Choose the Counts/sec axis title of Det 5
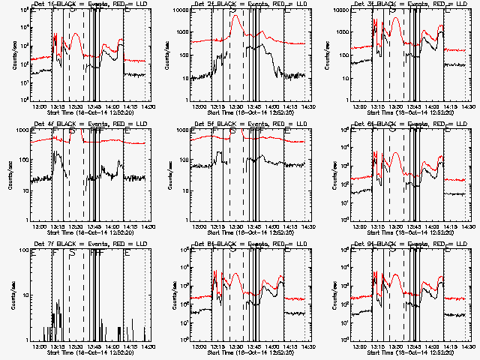point(169,174)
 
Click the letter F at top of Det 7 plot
point(54,253)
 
